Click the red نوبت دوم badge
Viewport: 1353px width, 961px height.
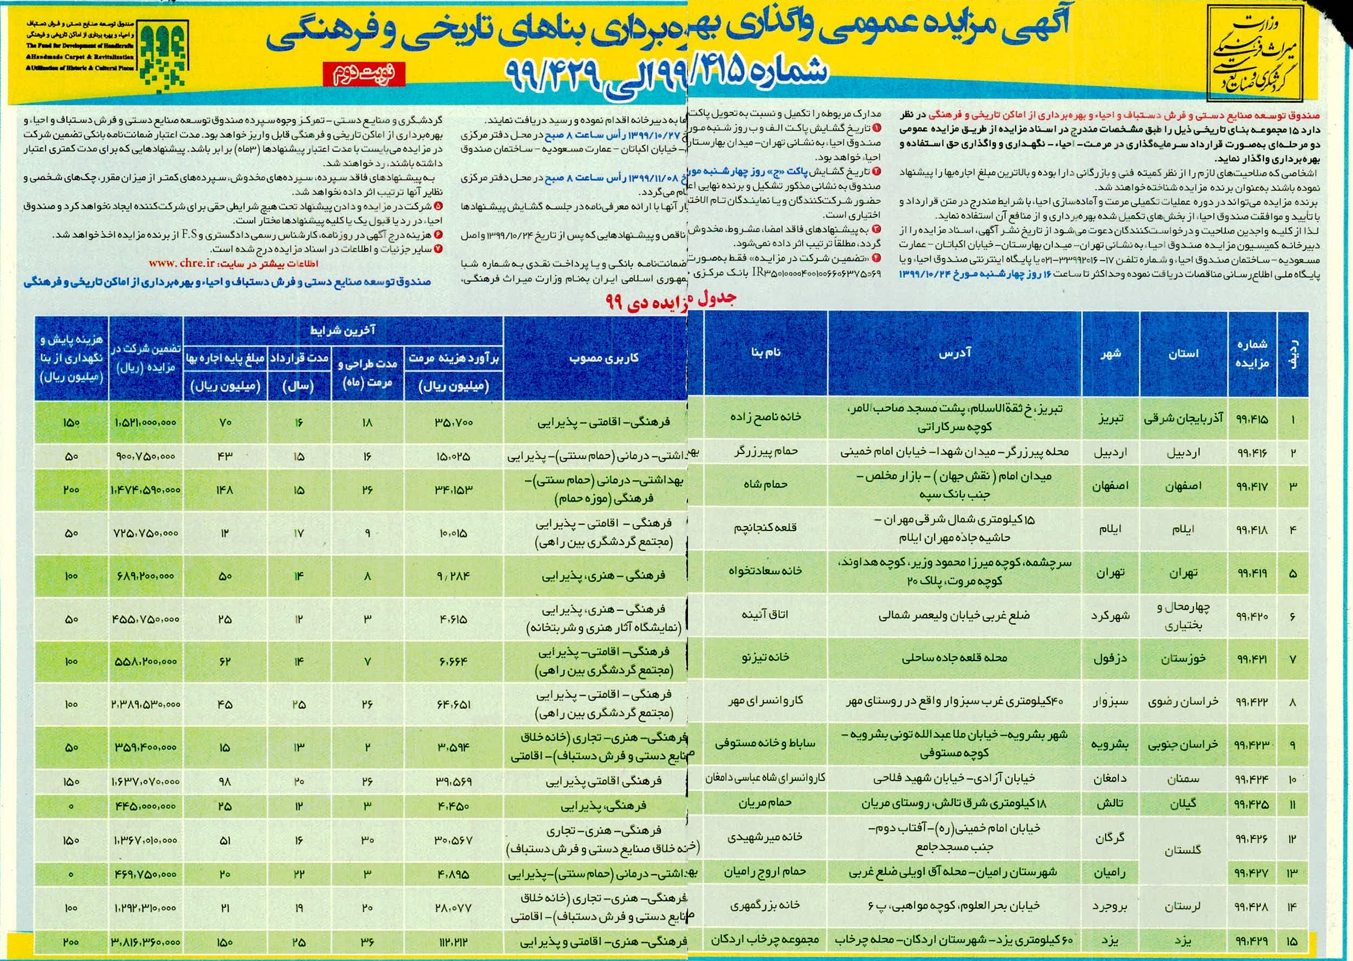click(364, 74)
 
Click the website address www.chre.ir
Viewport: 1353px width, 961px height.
click(181, 263)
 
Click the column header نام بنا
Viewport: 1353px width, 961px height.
click(765, 353)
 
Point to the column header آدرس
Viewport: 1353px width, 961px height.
click(954, 353)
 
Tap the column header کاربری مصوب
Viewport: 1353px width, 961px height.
click(603, 358)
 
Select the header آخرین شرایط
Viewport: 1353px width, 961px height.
click(343, 330)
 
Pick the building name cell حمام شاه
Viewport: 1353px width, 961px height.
click(765, 484)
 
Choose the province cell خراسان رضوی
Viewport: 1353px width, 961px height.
click(1183, 702)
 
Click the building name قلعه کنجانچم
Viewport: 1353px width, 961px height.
click(765, 528)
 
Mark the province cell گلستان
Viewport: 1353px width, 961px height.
click(1183, 850)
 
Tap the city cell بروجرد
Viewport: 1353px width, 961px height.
click(1110, 906)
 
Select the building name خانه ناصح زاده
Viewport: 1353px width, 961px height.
click(765, 417)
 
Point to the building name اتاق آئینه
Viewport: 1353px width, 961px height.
click(765, 614)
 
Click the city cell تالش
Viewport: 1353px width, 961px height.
click(1110, 804)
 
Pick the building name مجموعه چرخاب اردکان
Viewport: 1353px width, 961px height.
click(765, 940)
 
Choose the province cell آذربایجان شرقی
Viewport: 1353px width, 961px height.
click(1183, 419)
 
